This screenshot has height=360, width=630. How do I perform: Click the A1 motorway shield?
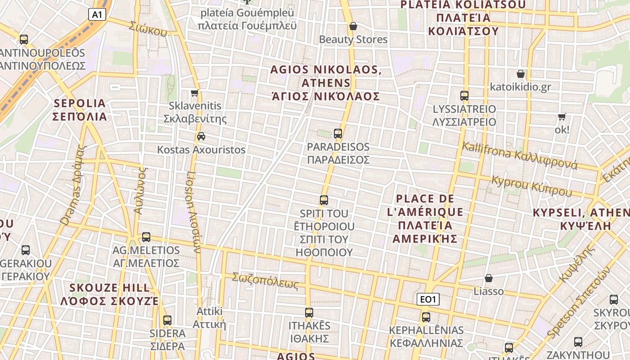(x=97, y=14)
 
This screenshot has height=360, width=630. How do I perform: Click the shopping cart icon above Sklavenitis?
(x=194, y=93)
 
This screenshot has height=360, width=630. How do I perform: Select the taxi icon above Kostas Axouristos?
(x=201, y=136)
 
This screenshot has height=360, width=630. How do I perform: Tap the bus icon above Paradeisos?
(x=338, y=134)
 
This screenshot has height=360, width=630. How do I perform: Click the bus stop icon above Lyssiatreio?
(x=464, y=96)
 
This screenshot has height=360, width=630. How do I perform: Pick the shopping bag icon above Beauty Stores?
(x=353, y=26)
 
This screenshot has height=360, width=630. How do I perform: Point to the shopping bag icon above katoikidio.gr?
(x=521, y=74)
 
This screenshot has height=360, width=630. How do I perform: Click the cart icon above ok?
(x=562, y=117)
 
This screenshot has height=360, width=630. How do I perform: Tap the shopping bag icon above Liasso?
(x=489, y=279)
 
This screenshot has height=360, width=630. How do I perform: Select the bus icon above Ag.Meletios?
(x=146, y=237)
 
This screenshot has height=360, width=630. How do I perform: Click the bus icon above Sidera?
(x=167, y=320)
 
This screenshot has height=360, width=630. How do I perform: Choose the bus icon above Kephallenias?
(x=426, y=317)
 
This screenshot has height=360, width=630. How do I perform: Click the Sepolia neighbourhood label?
(x=80, y=110)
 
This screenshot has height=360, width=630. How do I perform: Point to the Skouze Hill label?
(x=109, y=294)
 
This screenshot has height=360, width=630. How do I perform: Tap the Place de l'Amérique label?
(x=425, y=218)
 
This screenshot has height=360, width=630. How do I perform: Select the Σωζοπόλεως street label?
(x=265, y=281)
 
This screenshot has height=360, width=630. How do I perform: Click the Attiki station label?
(x=209, y=317)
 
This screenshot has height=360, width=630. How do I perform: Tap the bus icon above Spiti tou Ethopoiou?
(x=324, y=200)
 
